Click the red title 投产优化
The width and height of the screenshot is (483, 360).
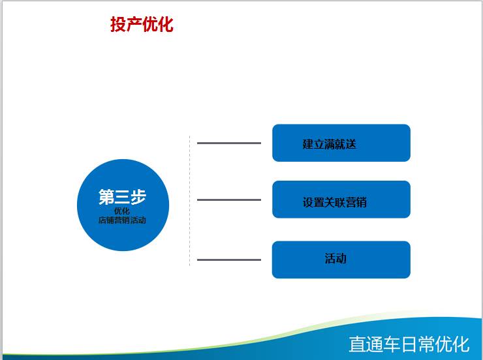[x=142, y=24]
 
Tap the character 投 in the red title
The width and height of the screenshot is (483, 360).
[x=118, y=24]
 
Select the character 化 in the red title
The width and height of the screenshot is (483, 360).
[x=166, y=24]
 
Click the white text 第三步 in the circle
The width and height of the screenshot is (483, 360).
[x=122, y=196]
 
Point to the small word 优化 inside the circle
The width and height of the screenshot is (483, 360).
[x=122, y=211]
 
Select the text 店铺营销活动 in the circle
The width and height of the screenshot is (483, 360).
[x=122, y=220]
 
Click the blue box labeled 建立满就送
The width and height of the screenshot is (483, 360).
[x=341, y=143]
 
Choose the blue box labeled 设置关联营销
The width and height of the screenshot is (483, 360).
[x=341, y=200]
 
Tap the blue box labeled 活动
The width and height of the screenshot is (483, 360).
[x=341, y=260]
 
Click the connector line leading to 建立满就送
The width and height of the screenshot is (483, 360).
[x=229, y=143]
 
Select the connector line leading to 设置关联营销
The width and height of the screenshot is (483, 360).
[x=229, y=200]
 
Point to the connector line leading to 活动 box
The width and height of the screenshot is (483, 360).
[x=229, y=260]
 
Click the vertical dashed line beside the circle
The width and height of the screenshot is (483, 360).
[x=190, y=201]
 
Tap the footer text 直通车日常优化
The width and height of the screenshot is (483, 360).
[x=409, y=344]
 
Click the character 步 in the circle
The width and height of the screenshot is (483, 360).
[x=138, y=196]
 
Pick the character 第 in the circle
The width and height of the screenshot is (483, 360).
[x=106, y=196]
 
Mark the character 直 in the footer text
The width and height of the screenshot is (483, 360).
[x=357, y=344]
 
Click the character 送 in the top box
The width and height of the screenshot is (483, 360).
[x=351, y=144]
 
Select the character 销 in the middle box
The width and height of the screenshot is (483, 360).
[x=362, y=202]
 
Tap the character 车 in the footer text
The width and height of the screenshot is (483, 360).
[x=392, y=344]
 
